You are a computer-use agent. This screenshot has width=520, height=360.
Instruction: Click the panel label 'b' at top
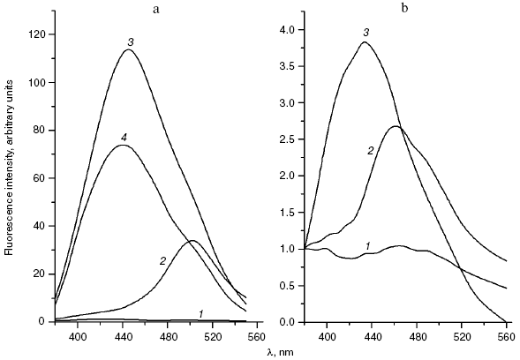405,8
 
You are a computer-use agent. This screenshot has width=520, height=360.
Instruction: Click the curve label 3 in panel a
130,41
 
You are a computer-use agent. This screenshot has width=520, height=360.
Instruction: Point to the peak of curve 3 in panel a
129,49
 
